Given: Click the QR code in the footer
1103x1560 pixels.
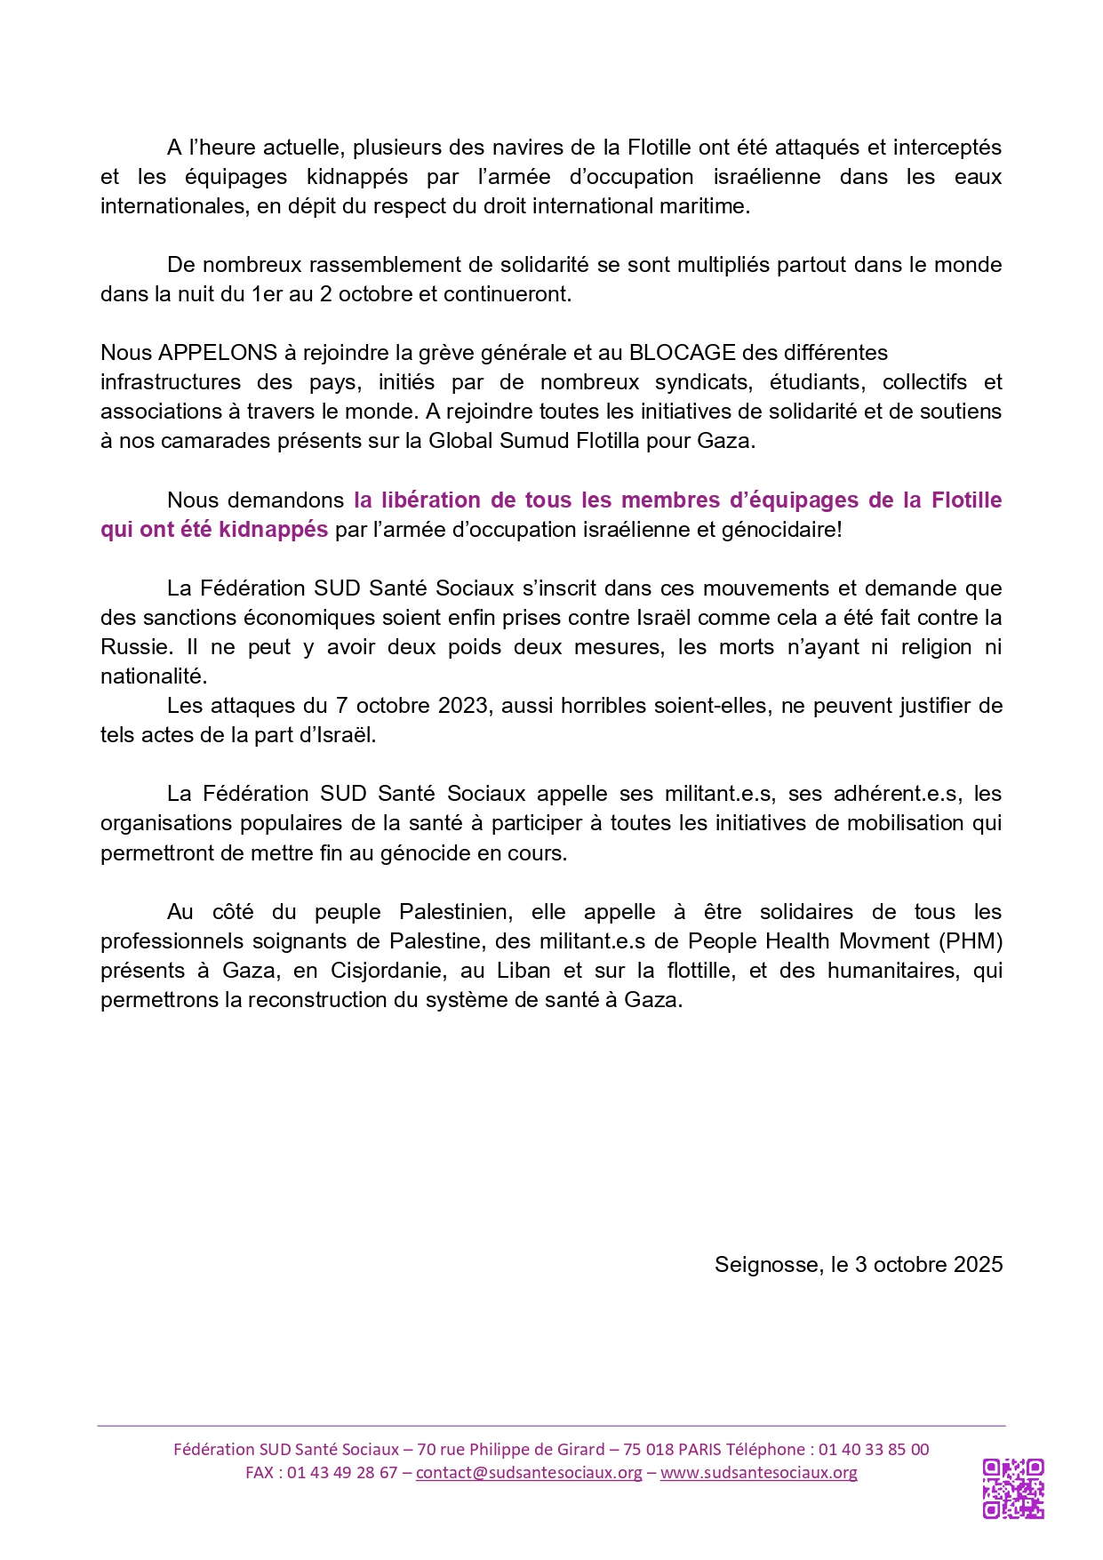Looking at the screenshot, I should [1013, 1489].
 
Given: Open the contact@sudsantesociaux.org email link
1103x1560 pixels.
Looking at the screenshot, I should [529, 1472].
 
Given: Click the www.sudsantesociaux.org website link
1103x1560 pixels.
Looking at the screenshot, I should [759, 1472].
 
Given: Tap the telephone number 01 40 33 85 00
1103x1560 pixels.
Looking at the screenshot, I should [874, 1449].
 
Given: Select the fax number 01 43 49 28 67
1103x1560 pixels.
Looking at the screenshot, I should [342, 1472].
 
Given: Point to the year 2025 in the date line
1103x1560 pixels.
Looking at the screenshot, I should [978, 1264].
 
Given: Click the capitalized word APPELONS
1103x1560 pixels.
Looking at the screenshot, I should [218, 352].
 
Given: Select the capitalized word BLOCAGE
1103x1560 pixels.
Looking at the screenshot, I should [682, 352].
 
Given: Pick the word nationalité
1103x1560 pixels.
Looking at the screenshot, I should [153, 676].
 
